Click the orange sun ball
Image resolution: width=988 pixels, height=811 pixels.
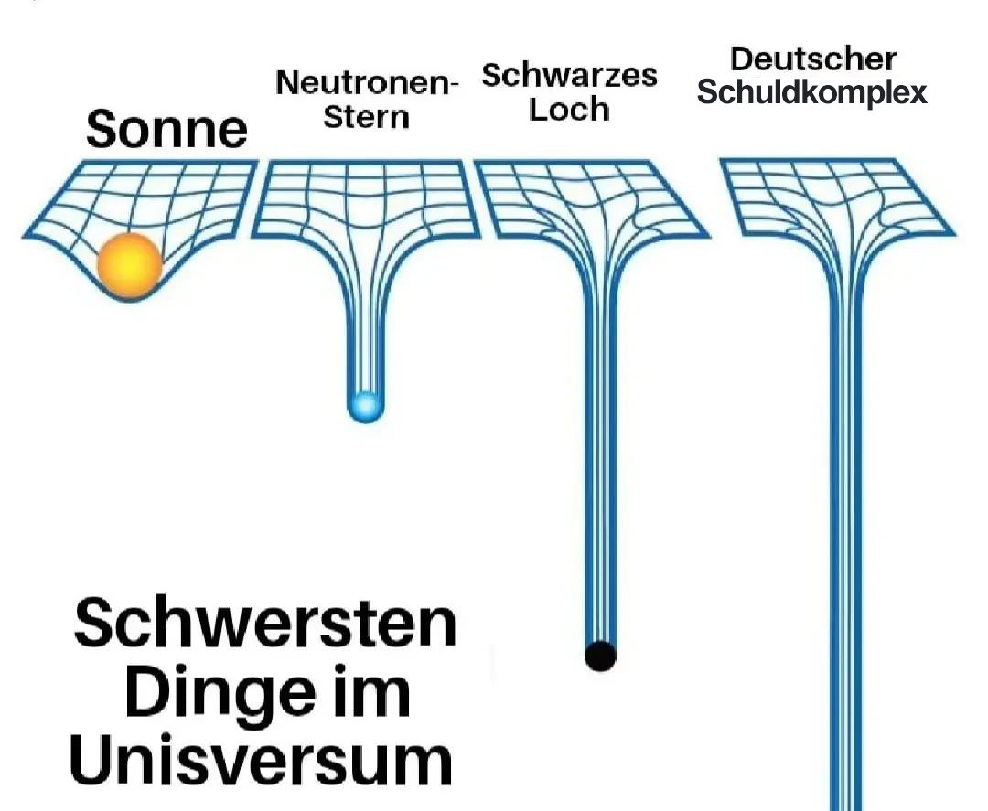coord(130,264)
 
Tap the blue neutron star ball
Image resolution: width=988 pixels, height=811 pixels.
coord(365,405)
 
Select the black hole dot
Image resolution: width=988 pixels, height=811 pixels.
coord(600,655)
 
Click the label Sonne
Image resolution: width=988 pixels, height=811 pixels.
coord(166,130)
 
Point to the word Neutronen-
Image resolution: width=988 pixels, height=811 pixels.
coord(367,83)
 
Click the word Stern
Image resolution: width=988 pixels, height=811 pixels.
coord(366,117)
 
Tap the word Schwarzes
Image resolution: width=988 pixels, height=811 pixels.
coord(569,75)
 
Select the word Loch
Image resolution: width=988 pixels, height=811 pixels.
coord(569,110)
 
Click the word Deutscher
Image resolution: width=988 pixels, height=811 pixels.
coord(812,59)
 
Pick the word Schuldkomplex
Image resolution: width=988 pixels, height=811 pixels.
coord(812,92)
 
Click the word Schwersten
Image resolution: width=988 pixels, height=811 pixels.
coord(264,624)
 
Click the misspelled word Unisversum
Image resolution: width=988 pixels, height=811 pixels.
coord(262,761)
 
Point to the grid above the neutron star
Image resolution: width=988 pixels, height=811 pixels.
coord(365,197)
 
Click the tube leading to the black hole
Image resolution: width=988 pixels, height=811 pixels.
coord(600,457)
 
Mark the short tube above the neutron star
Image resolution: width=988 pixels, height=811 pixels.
coord(365,338)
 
